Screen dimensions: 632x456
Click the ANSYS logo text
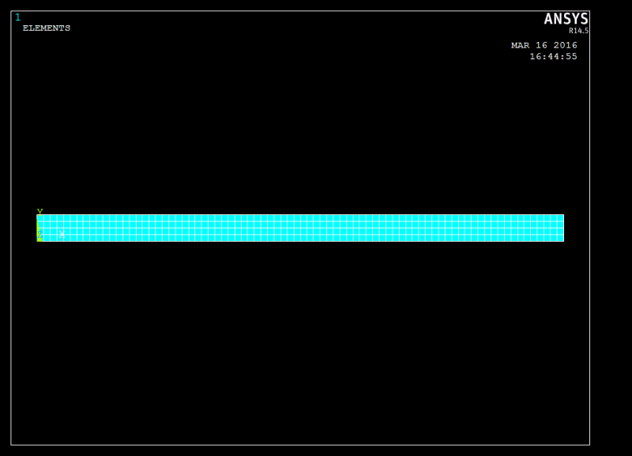click(x=566, y=19)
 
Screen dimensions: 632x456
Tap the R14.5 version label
click(x=578, y=31)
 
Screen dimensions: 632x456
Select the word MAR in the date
click(x=520, y=45)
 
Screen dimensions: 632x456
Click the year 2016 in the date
click(x=565, y=45)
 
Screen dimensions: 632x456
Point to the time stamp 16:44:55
click(x=553, y=56)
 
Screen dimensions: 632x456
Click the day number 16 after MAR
click(x=541, y=45)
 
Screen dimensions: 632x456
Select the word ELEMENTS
click(x=47, y=28)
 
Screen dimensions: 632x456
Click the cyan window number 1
click(x=17, y=17)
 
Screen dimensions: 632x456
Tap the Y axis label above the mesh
click(x=39, y=212)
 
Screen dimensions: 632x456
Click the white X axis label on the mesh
click(x=62, y=234)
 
